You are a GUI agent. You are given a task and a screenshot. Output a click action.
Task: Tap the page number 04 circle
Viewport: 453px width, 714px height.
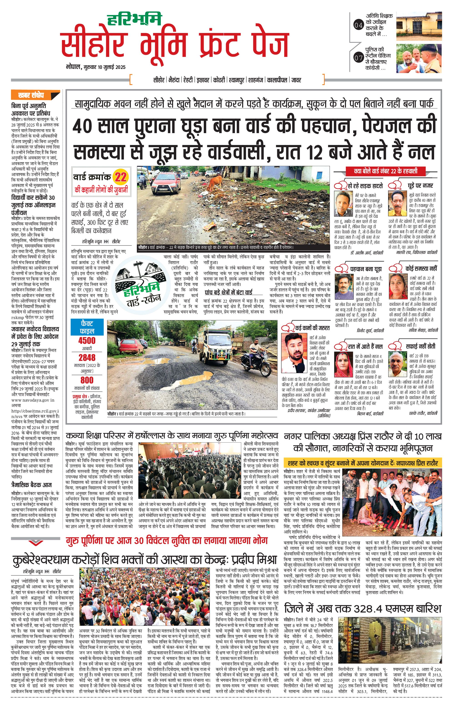click(x=358, y=25)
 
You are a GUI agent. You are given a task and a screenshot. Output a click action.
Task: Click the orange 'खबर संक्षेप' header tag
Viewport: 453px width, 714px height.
click(x=35, y=95)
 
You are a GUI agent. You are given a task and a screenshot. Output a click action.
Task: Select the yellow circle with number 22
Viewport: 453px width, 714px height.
click(x=121, y=177)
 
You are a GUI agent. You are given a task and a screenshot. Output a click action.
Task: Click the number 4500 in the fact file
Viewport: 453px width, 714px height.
click(x=87, y=340)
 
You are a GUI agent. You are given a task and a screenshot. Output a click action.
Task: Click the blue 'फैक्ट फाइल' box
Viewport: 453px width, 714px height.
click(x=87, y=327)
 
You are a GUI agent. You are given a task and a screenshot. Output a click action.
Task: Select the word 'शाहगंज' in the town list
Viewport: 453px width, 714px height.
click(x=256, y=80)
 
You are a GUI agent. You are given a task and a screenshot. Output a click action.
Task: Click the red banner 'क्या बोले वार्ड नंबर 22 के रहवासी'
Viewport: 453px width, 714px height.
click(x=385, y=171)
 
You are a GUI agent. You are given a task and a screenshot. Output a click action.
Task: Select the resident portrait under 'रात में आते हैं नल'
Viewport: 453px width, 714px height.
click(x=343, y=365)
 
